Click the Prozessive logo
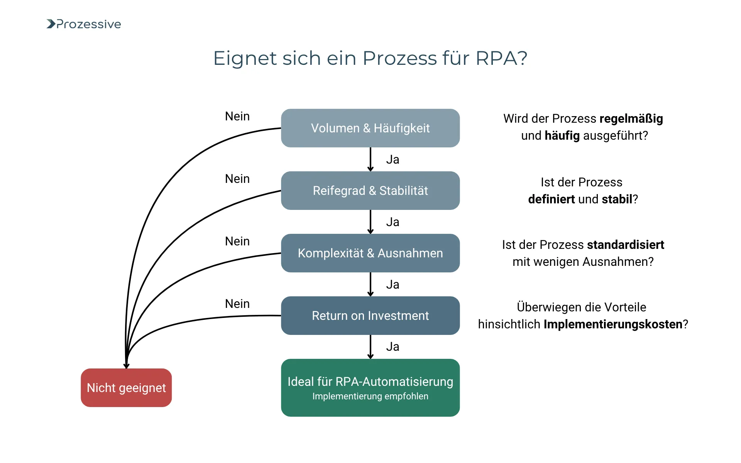click(84, 24)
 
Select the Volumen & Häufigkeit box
click(370, 128)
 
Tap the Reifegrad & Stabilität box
click(370, 191)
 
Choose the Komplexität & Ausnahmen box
click(370, 253)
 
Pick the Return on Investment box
click(370, 316)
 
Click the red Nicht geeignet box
click(126, 388)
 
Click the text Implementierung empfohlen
click(370, 396)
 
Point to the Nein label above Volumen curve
click(237, 116)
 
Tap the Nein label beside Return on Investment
click(237, 304)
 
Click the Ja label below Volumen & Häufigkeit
click(392, 159)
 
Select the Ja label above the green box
click(392, 346)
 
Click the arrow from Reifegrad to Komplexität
click(370, 222)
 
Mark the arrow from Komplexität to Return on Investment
click(370, 284)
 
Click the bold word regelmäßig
click(631, 119)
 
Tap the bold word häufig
click(562, 136)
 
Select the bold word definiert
click(552, 199)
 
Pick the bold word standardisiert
click(625, 245)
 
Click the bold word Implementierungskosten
click(613, 324)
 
